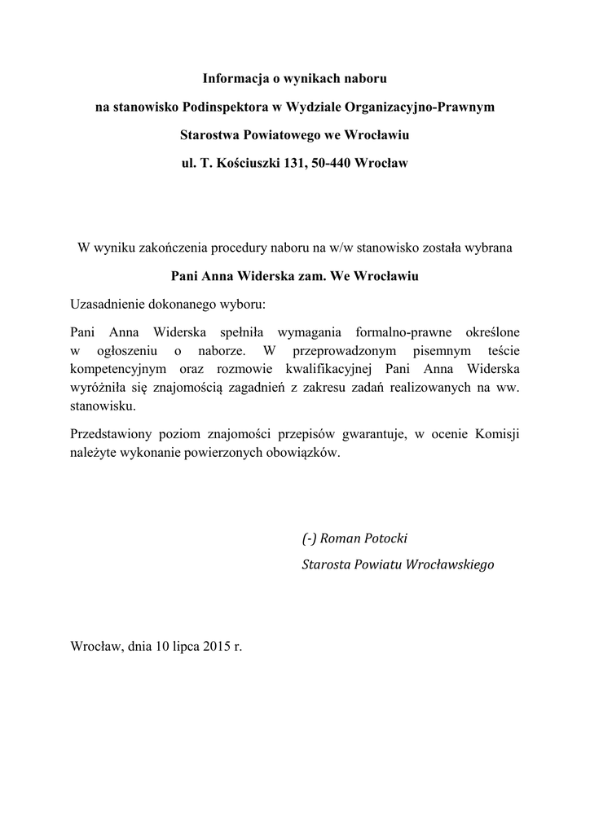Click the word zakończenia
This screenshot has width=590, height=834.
[174, 247]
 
